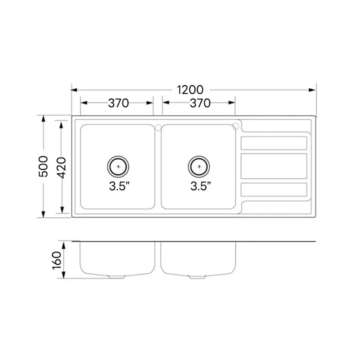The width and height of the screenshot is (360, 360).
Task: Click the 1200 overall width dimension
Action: point(190,90)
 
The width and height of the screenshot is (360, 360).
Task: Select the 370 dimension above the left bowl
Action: point(118,103)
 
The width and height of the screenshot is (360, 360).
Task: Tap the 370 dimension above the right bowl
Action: point(200,103)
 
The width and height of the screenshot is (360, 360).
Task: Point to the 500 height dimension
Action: point(43,166)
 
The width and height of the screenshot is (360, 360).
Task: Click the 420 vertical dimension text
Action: point(61,168)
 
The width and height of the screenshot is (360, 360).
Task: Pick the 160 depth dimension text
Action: point(57,261)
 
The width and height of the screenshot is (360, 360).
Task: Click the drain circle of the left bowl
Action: point(118,166)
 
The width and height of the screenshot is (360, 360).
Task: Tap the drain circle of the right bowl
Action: point(199,166)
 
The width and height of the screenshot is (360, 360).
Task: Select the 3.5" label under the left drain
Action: point(119,186)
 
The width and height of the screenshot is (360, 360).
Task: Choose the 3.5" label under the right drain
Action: point(201,186)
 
